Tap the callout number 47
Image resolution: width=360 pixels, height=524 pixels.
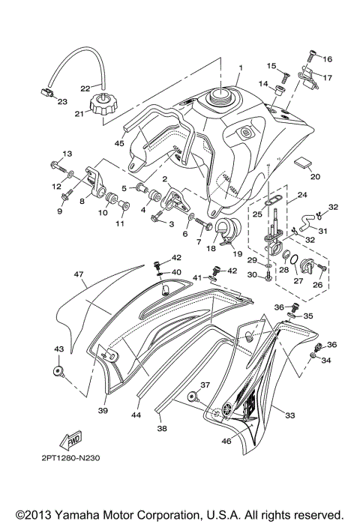pyautogui.click(x=78, y=276)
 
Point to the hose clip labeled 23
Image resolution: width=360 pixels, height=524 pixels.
pyautogui.click(x=45, y=93)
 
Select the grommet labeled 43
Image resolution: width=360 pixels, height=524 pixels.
pyautogui.click(x=58, y=371)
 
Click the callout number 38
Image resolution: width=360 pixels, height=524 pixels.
pyautogui.click(x=162, y=431)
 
